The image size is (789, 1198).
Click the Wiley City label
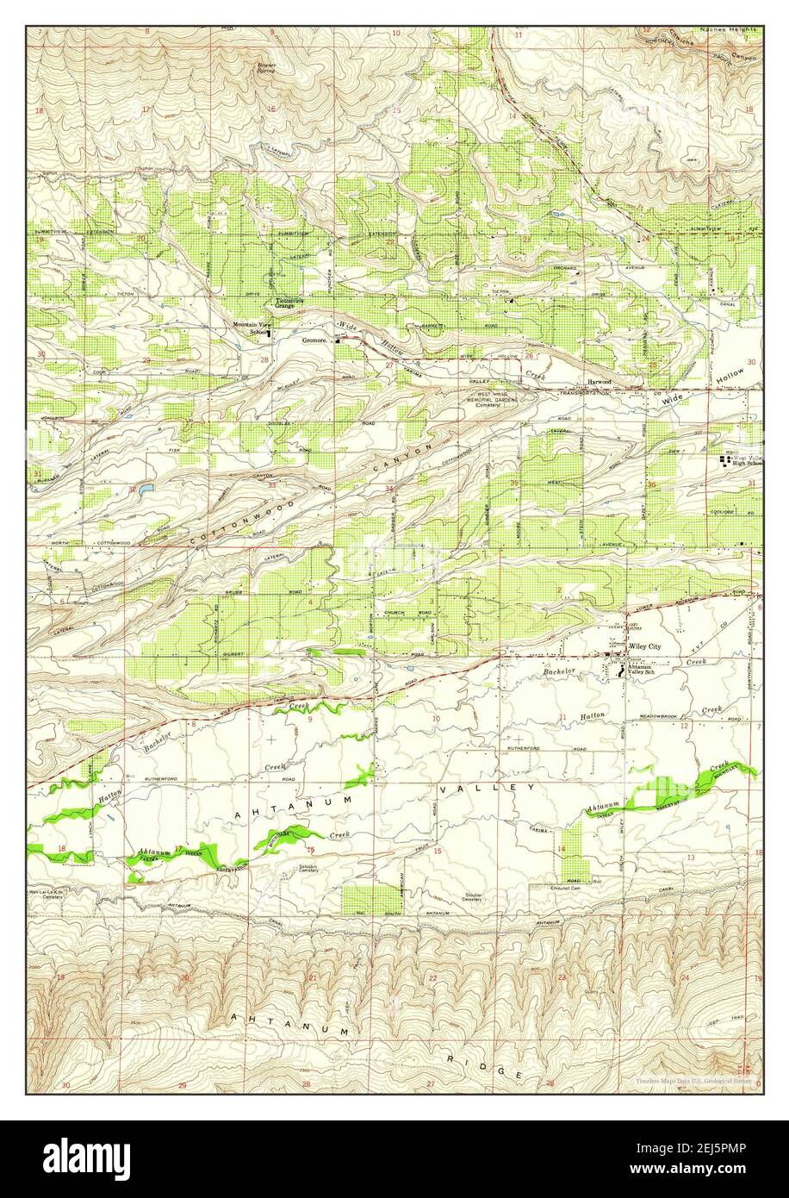click(645, 646)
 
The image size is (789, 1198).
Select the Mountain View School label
click(251, 327)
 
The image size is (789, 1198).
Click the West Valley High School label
click(747, 460)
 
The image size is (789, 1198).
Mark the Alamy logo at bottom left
click(78, 1157)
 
